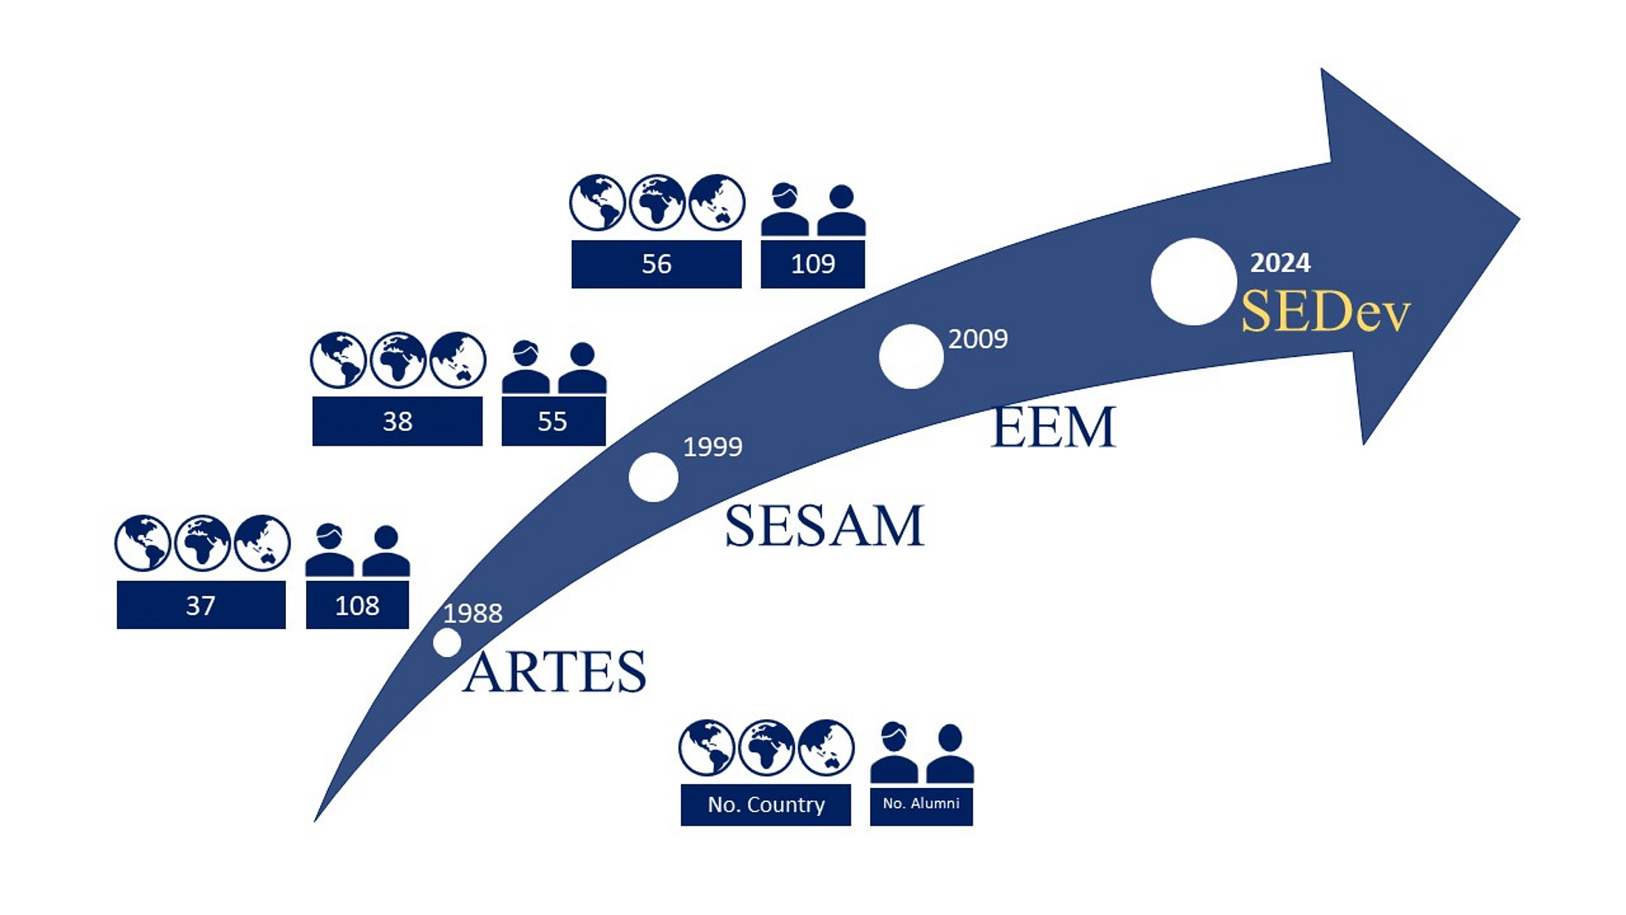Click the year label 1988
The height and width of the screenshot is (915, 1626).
coord(472,613)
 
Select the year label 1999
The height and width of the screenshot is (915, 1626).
coord(712,446)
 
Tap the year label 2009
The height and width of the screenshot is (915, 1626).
coord(978,339)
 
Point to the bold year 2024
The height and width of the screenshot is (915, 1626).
coord(1280,262)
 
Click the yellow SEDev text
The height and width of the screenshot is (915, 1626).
coord(1325,312)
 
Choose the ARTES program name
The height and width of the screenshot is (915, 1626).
coord(554,671)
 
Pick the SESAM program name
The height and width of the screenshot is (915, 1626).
coord(824,525)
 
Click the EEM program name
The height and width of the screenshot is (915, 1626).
coord(1052,426)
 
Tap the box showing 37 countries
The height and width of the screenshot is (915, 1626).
coord(201,605)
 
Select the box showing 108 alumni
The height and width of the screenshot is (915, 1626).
coord(357,605)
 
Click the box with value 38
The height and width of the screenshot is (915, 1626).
coord(397,421)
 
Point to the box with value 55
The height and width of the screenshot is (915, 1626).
coord(553,421)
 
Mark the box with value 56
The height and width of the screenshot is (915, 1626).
coord(656,264)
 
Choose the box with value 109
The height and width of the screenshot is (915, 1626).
coord(812,264)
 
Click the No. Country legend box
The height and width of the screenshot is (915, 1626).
coord(766,804)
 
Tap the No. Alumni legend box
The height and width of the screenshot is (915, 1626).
coord(921,804)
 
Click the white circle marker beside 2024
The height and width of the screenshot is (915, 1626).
coord(1194,282)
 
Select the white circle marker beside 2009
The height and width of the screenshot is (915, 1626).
coord(911,356)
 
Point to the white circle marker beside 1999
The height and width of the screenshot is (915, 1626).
coord(653,477)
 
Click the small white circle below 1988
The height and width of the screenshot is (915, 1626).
coord(447,642)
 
